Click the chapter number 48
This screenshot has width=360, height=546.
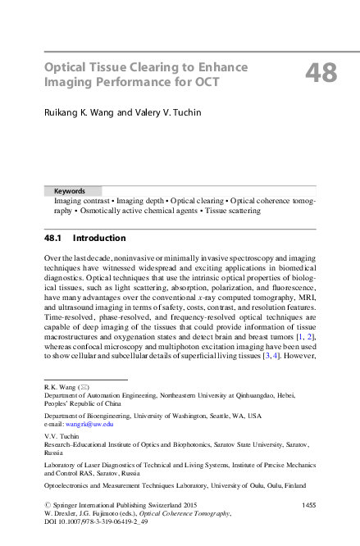[x=321, y=74]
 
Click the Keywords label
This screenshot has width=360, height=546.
[x=70, y=190]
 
